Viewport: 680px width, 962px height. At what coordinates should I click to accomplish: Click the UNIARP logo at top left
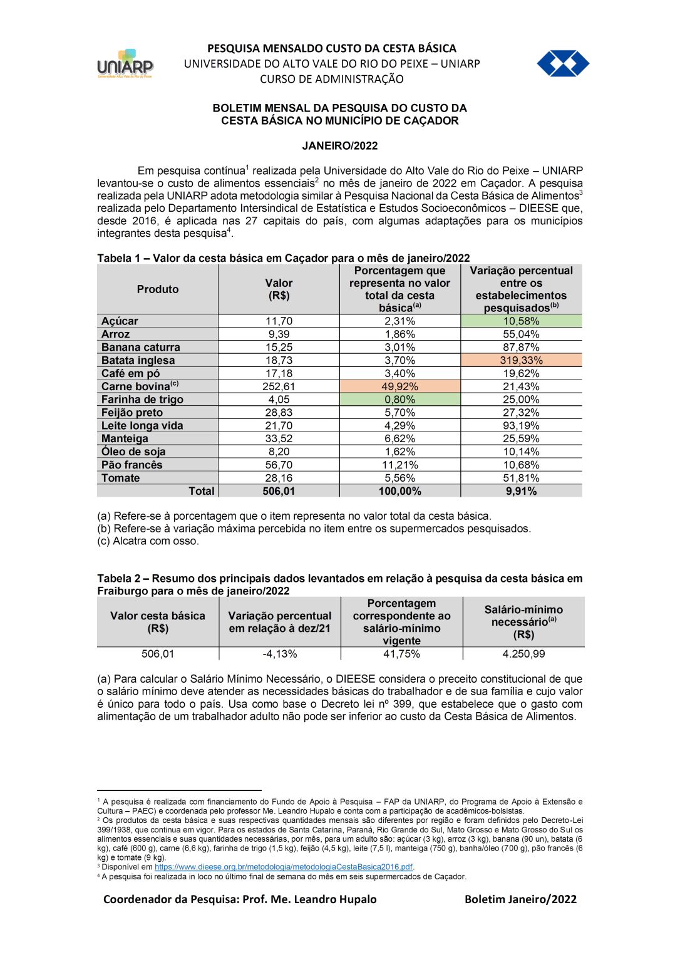(125, 64)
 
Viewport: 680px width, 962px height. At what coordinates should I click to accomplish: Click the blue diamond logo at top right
(562, 64)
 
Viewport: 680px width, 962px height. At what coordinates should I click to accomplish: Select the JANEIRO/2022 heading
(340, 146)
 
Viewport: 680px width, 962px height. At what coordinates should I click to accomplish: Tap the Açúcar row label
(120, 321)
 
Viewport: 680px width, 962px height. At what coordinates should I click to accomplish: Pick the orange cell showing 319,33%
(521, 361)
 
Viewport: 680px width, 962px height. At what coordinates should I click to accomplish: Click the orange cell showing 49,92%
(399, 387)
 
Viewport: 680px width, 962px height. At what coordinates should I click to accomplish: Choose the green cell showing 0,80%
(399, 400)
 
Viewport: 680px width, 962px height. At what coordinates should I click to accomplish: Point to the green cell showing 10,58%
(521, 321)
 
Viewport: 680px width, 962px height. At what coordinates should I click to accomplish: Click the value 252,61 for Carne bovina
(279, 387)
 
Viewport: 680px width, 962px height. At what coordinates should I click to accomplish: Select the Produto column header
(158, 289)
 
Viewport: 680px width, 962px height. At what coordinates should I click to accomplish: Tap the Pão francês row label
(132, 465)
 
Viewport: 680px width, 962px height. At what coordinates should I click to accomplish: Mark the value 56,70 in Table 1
(279, 465)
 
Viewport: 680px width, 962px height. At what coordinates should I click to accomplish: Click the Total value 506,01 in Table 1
(279, 492)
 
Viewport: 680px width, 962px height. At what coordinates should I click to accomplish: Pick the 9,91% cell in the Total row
(521, 492)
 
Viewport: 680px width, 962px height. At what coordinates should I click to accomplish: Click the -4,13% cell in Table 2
(280, 654)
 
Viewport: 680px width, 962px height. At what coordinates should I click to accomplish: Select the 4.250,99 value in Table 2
(523, 654)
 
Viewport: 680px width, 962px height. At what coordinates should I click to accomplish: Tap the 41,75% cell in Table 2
(401, 654)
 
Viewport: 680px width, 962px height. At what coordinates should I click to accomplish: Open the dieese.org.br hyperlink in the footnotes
(284, 867)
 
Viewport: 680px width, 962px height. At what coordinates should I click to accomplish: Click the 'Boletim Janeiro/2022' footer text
(520, 900)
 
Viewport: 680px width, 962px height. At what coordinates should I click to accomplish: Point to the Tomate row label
(121, 478)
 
